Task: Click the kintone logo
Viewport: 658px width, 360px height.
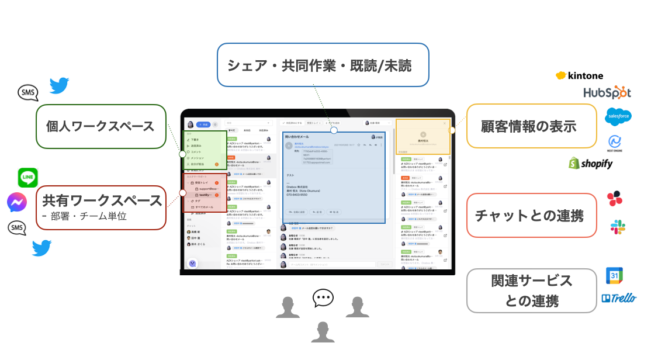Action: [579, 75]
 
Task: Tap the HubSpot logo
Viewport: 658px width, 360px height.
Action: [607, 92]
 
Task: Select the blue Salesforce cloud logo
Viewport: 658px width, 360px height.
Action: [618, 116]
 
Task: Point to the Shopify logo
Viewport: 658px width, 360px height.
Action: [591, 163]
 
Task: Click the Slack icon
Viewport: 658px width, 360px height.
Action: [618, 227]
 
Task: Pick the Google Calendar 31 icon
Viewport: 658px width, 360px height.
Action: [614, 276]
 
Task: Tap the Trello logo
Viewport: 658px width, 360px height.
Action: [619, 298]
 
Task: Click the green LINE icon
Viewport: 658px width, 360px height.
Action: [28, 178]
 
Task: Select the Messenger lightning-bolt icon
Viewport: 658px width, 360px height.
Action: [17, 203]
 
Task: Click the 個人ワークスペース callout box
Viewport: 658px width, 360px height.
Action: [101, 126]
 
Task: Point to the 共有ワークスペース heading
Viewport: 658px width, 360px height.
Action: [102, 200]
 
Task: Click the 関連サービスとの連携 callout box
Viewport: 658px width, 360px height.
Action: [531, 290]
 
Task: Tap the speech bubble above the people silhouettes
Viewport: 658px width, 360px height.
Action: [323, 298]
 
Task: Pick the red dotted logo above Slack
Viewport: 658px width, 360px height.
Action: [615, 199]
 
